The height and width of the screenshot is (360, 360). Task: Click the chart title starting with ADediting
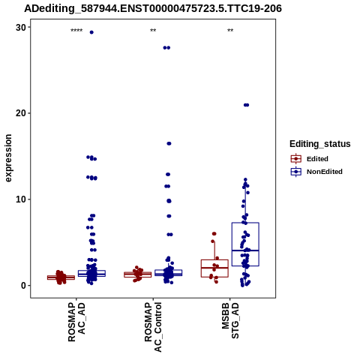click(153, 8)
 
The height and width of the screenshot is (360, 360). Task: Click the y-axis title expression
click(8, 158)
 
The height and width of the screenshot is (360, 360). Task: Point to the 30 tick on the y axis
click(21, 27)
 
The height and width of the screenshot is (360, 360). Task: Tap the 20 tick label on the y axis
click(21, 113)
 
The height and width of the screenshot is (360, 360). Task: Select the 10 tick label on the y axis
click(21, 199)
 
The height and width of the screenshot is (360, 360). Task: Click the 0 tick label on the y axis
click(24, 286)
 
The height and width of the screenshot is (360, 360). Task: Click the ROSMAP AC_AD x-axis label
click(76, 322)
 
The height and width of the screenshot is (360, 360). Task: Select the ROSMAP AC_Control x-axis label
click(153, 327)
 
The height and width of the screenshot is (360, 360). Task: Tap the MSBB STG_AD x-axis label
click(230, 320)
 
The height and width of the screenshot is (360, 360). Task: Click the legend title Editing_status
click(320, 144)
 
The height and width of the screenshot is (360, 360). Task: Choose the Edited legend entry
click(309, 159)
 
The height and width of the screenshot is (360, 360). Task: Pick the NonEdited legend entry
click(316, 172)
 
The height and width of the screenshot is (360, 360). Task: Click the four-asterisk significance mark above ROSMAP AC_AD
click(76, 31)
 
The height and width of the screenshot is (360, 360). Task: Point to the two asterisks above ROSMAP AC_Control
click(153, 31)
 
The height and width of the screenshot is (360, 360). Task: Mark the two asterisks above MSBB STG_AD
click(230, 31)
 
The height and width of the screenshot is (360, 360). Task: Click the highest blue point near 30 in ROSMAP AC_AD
click(91, 32)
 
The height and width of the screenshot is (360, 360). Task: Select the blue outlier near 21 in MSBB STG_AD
click(246, 105)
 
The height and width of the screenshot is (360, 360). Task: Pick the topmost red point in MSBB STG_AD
click(214, 234)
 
